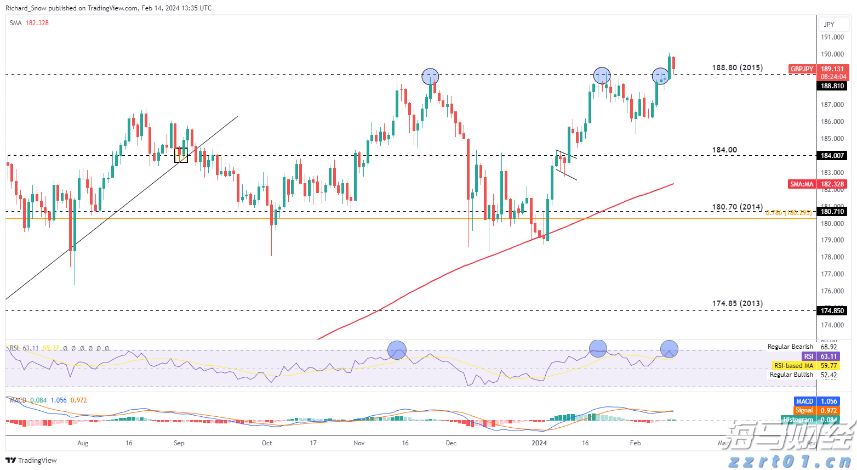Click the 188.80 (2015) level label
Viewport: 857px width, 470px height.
(737, 68)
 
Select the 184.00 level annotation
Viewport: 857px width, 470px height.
(724, 150)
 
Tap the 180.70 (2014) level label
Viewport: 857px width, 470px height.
(737, 207)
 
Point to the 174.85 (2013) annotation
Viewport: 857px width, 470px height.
(737, 303)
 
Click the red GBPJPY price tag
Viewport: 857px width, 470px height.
(802, 69)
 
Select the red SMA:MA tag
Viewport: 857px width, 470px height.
(802, 184)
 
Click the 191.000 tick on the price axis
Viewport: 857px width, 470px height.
(832, 37)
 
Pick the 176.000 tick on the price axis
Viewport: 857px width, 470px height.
(832, 291)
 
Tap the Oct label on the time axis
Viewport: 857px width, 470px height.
(267, 443)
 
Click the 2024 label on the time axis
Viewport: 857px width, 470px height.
(539, 443)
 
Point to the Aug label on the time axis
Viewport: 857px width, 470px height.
(83, 443)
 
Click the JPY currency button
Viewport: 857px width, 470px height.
(829, 24)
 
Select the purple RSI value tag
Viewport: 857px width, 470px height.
(808, 356)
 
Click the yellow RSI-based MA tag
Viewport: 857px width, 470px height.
(793, 366)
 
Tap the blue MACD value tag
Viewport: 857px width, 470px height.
(804, 401)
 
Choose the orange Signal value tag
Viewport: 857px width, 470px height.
(804, 410)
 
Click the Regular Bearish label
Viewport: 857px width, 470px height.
(790, 347)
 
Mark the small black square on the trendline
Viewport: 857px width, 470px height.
(181, 155)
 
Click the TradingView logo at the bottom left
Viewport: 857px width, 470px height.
(31, 461)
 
